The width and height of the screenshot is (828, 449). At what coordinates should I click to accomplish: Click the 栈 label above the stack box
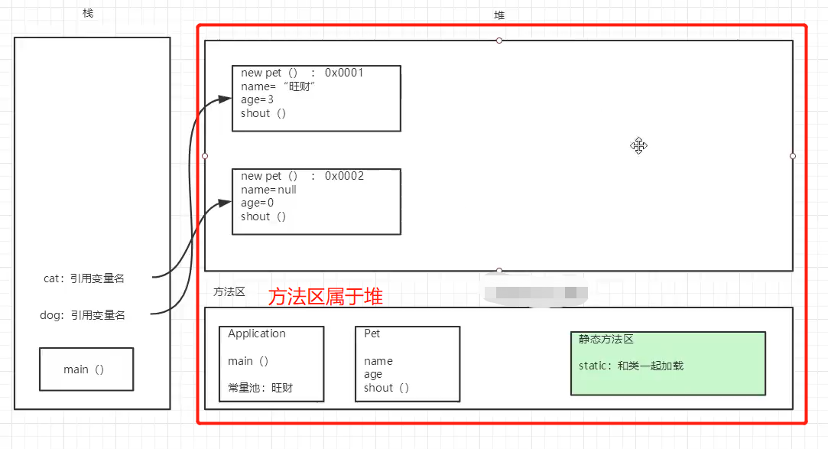[88, 14]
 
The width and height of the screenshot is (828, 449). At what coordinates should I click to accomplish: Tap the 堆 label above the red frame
[499, 15]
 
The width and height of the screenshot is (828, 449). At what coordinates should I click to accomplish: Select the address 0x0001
[344, 73]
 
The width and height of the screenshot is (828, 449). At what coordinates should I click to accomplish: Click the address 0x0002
[344, 176]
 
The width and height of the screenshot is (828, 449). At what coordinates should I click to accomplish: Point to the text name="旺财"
[278, 86]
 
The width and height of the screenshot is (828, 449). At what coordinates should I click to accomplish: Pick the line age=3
[257, 99]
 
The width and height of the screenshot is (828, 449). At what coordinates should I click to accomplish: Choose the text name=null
[268, 190]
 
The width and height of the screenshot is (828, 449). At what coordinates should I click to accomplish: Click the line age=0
[257, 203]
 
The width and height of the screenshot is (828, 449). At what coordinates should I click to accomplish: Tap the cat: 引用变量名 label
[84, 278]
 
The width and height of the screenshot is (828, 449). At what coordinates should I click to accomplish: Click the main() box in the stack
[86, 369]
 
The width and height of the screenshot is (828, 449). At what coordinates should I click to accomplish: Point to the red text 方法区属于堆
[325, 297]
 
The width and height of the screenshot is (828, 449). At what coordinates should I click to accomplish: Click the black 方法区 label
[229, 292]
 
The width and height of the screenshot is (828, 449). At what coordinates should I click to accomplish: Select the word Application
[256, 333]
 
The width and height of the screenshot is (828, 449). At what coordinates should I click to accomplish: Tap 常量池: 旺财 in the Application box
[260, 388]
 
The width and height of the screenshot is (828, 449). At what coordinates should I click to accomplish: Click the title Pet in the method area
[372, 333]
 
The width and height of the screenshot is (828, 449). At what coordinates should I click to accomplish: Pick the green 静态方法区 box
[667, 363]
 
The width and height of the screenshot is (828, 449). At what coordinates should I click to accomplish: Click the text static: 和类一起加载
[631, 366]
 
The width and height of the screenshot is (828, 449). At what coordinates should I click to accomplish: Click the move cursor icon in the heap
[638, 145]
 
